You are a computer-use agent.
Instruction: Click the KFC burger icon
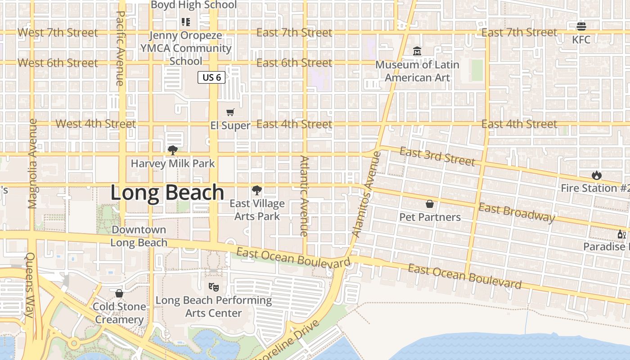[581, 27]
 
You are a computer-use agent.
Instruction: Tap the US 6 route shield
[211, 77]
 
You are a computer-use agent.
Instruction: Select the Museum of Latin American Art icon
[417, 51]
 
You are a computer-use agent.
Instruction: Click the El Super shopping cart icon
[230, 112]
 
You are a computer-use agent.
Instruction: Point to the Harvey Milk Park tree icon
[172, 150]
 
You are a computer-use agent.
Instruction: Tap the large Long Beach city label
[167, 193]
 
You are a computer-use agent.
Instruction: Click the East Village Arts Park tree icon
[257, 190]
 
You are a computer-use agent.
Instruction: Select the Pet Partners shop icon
[430, 204]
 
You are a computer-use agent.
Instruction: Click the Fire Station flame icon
[597, 175]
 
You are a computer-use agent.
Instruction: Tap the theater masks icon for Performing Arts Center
[214, 286]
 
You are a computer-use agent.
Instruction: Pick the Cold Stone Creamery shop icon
[119, 293]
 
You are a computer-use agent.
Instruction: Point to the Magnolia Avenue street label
[32, 163]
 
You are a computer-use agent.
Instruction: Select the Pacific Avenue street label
[120, 48]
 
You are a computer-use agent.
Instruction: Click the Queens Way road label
[30, 284]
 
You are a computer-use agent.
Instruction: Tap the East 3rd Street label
[437, 157]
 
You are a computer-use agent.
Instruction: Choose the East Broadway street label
[516, 212]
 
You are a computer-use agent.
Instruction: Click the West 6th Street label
[58, 63]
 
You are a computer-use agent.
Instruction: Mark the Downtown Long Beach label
[139, 236]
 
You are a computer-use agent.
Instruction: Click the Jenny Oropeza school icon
[185, 22]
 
